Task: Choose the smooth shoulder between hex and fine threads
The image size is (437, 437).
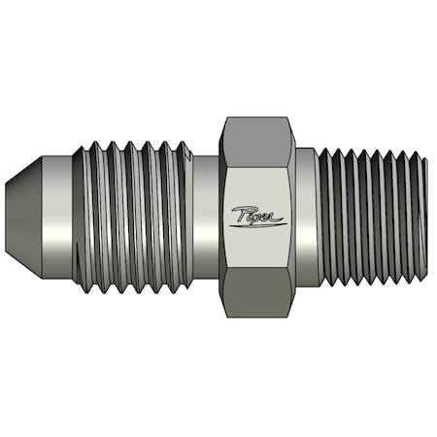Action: pyautogui.click(x=307, y=218)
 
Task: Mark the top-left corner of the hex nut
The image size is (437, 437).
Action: pyautogui.click(x=224, y=118)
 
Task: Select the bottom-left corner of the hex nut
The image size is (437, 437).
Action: pyautogui.click(x=224, y=319)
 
